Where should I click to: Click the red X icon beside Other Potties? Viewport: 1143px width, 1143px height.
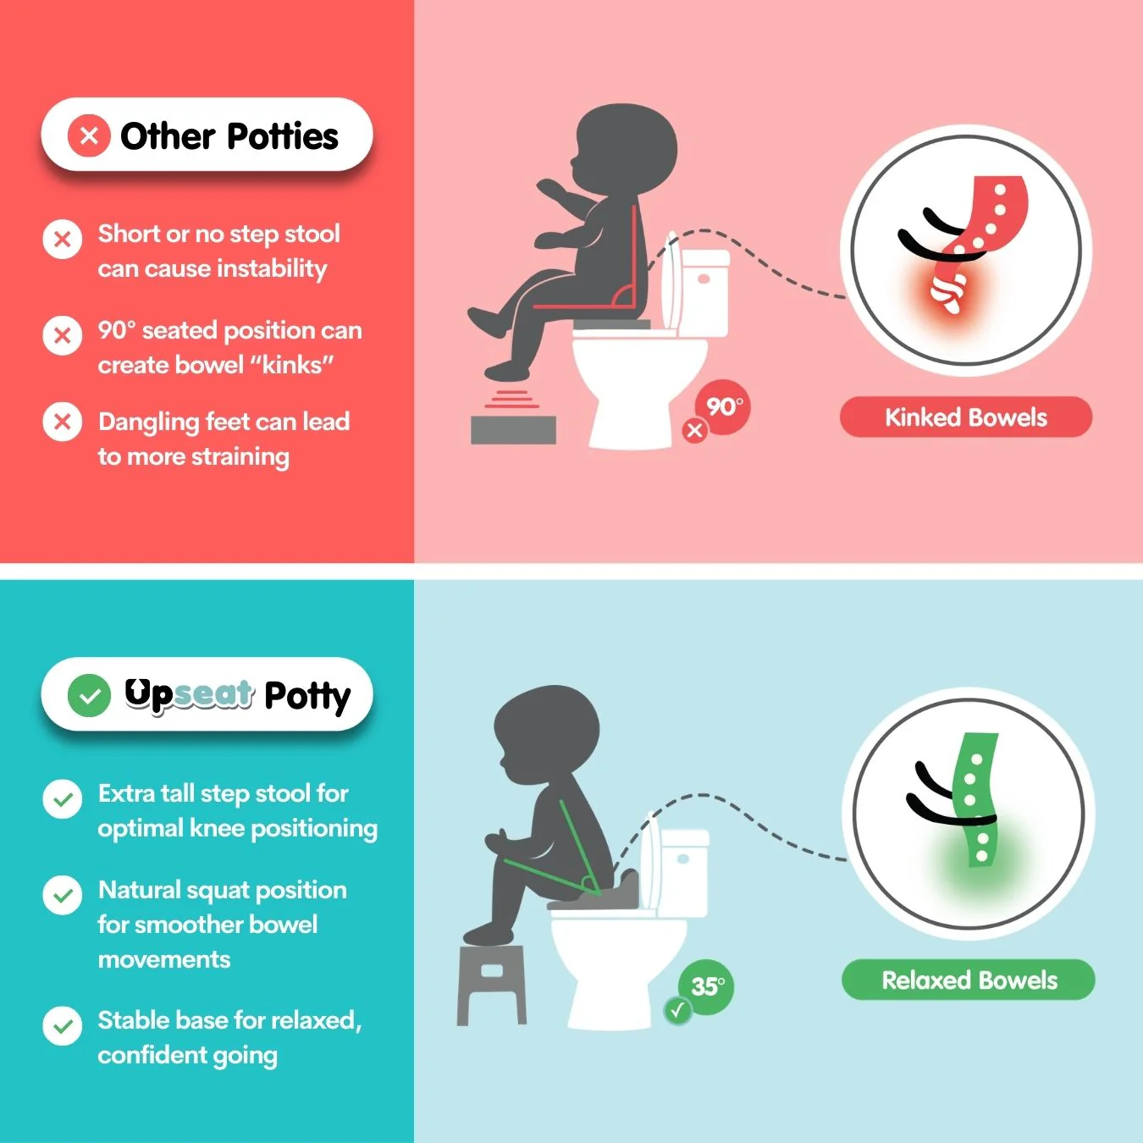point(89,135)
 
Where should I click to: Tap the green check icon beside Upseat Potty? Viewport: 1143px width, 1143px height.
point(89,696)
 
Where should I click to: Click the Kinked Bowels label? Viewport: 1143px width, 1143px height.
point(965,417)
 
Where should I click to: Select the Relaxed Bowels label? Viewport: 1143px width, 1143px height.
point(969,980)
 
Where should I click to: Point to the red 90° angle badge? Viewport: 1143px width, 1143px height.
point(723,407)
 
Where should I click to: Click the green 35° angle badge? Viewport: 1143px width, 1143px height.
point(707,986)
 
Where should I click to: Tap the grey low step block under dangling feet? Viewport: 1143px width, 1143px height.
point(513,429)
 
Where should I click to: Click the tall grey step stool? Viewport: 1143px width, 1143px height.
point(492,982)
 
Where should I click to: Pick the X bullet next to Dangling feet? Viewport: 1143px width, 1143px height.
point(63,422)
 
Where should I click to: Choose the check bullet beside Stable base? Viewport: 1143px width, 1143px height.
point(63,1026)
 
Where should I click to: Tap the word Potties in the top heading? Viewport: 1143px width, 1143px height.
point(283,136)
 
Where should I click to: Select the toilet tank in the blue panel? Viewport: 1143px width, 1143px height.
point(684,872)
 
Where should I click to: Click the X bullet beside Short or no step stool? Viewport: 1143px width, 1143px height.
point(63,240)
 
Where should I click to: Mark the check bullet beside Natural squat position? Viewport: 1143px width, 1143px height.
point(63,896)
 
